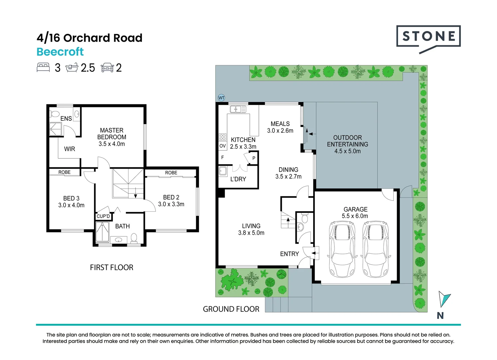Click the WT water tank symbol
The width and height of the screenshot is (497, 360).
point(221,98)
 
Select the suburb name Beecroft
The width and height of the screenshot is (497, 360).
point(60,52)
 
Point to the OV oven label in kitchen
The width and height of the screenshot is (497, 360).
point(223,146)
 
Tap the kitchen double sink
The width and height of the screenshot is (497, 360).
point(238,109)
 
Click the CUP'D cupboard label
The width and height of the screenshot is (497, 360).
point(103,216)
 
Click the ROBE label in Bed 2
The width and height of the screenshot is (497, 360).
point(171,173)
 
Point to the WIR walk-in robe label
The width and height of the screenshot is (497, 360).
point(69,149)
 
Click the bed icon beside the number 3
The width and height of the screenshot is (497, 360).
point(43,67)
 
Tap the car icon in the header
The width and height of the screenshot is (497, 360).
point(107,68)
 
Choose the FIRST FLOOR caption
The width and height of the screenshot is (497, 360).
point(112,267)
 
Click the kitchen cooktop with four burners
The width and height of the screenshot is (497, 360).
point(223,137)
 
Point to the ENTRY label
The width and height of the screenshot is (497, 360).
point(289,254)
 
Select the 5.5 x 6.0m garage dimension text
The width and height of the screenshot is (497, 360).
point(355,216)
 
